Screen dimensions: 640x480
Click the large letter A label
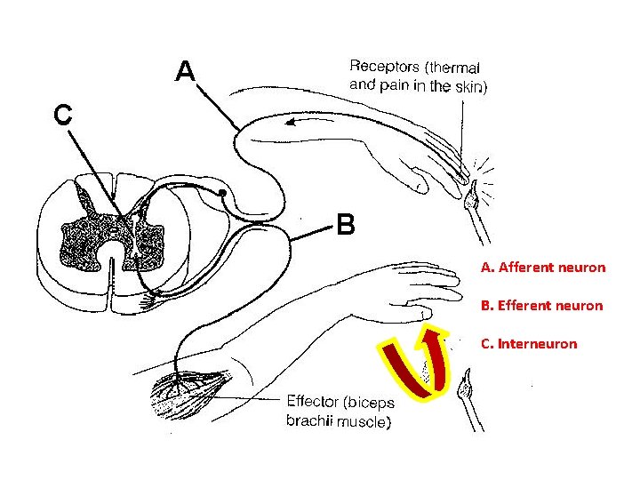click(x=185, y=69)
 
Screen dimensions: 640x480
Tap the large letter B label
click(x=346, y=224)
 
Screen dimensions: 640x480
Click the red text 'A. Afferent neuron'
click(x=542, y=267)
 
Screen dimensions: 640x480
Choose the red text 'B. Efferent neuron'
click(x=541, y=305)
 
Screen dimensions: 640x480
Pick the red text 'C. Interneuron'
click(x=528, y=343)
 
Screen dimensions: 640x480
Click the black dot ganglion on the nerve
click(x=221, y=191)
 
